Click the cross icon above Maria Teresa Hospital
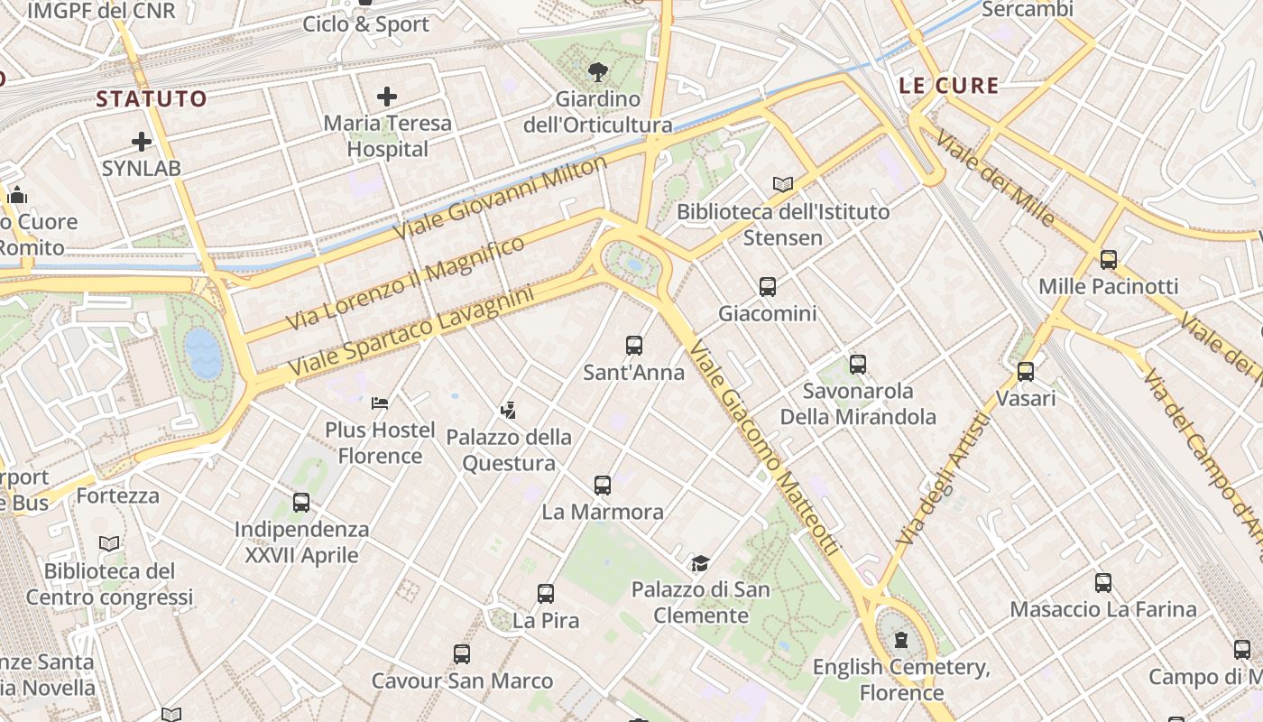[x=387, y=97]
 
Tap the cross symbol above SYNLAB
[x=142, y=142]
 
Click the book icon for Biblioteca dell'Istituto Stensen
[x=783, y=185]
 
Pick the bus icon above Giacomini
[x=768, y=287]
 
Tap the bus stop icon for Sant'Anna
[x=634, y=346]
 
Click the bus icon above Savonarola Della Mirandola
[x=858, y=365]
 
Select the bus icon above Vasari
[x=1026, y=372]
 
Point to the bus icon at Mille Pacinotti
[x=1109, y=260]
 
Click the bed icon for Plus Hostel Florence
[x=380, y=403]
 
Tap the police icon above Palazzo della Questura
[x=509, y=411]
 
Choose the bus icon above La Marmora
[x=603, y=486]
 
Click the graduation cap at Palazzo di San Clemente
[x=700, y=564]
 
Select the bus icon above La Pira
[x=546, y=594]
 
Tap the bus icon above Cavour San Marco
[x=462, y=654]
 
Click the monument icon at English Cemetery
[x=900, y=641]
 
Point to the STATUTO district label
[x=152, y=99]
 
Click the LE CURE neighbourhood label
[x=949, y=87]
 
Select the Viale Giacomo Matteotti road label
[x=763, y=448]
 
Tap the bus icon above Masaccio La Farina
[x=1103, y=583]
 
